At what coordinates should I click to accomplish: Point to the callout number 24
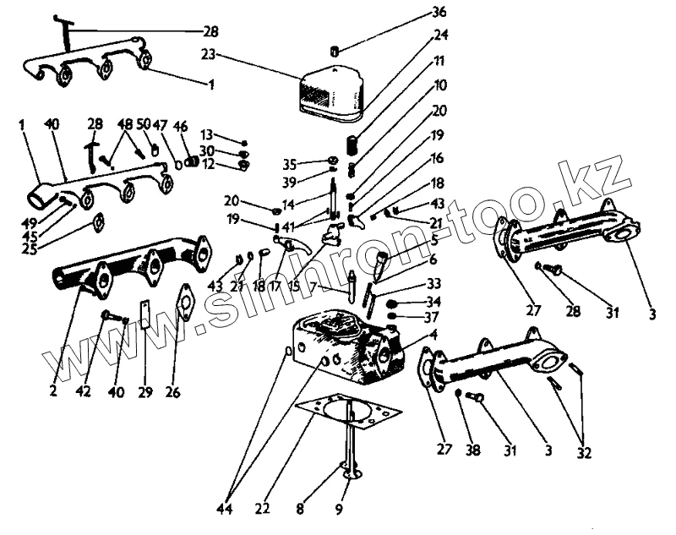pos(440,35)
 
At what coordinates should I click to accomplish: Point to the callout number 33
pos(433,283)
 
